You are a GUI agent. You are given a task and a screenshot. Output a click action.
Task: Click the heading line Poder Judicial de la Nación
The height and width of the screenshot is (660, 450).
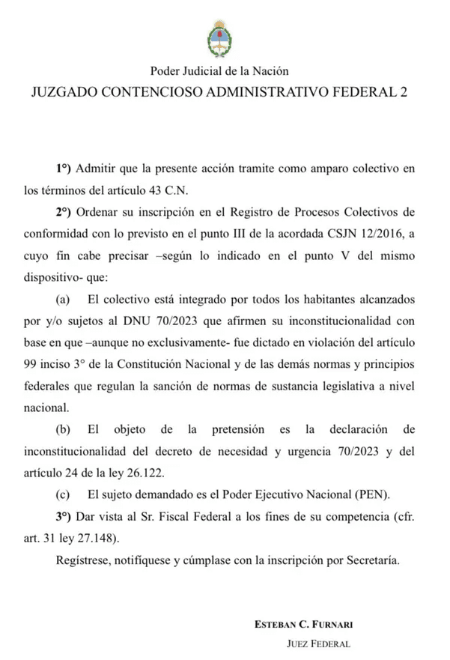219,71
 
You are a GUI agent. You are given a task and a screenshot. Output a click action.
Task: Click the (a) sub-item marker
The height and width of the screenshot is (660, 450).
63,300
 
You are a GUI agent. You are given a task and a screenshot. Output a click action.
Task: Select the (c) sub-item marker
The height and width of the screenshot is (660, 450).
63,494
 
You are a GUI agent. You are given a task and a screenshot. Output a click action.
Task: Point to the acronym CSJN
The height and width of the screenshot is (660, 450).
332,234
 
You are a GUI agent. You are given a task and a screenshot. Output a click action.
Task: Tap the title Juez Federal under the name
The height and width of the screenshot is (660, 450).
319,644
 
